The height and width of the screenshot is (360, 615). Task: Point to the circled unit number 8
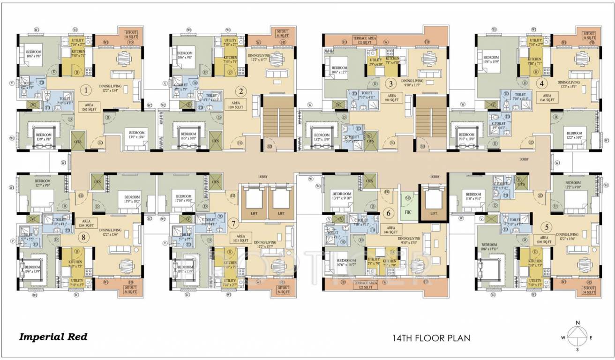point(84,237)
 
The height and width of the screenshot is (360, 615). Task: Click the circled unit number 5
point(546,227)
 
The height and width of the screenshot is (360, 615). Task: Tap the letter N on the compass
point(578,322)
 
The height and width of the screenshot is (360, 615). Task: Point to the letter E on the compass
point(591,337)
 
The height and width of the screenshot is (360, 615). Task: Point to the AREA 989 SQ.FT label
point(392,97)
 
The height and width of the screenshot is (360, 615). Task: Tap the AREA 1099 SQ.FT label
point(237,104)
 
